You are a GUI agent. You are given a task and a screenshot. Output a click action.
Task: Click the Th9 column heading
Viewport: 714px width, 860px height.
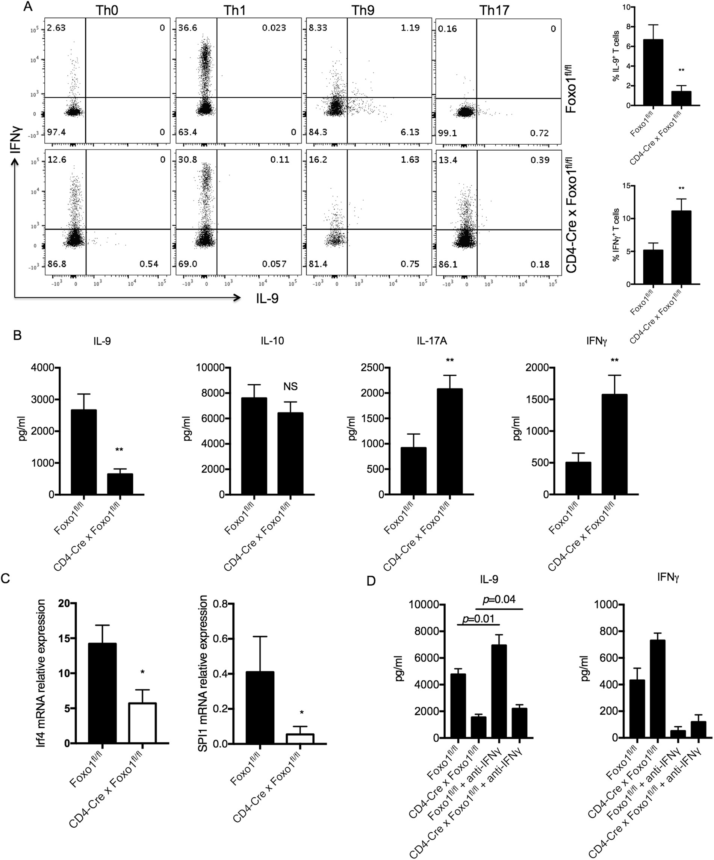pos(363,10)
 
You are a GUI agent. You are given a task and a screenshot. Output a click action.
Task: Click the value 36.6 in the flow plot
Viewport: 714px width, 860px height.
pos(188,28)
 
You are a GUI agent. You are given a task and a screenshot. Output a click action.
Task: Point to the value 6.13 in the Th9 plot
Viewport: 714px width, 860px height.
pos(410,132)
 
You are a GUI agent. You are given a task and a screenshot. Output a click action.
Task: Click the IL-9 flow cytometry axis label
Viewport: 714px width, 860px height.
pos(267,298)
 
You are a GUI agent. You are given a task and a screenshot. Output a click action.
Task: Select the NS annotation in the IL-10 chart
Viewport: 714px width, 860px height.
pos(290,386)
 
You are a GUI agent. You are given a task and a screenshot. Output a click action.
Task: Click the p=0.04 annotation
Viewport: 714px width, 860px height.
pos(499,600)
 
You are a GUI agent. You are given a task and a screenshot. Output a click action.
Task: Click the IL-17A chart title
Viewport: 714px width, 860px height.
pos(432,341)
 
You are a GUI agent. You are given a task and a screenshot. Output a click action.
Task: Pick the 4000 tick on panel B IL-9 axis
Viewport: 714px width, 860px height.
pos(42,368)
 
